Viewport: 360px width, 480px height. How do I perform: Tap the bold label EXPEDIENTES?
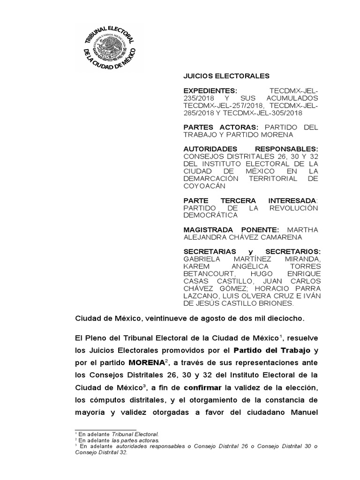coord(210,90)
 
